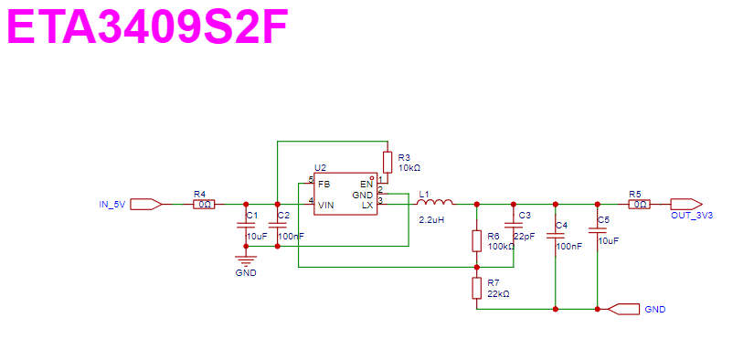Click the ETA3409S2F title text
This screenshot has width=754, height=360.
pyautogui.click(x=148, y=26)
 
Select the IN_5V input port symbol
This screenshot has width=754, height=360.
pyautogui.click(x=146, y=205)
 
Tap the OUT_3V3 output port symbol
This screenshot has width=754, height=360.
pyautogui.click(x=686, y=205)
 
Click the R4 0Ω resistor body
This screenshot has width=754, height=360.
pyautogui.click(x=204, y=205)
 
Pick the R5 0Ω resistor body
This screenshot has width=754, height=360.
pyautogui.click(x=640, y=205)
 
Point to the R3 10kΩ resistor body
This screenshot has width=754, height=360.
pyautogui.click(x=388, y=162)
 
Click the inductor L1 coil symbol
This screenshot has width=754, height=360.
pyautogui.click(x=435, y=202)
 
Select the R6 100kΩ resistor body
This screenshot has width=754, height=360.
pyautogui.click(x=476, y=241)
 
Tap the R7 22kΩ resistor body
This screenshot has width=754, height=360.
pyautogui.click(x=476, y=288)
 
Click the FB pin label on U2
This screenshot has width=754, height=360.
pyautogui.click(x=324, y=184)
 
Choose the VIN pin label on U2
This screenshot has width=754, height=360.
pyautogui.click(x=325, y=205)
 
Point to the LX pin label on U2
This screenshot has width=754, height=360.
pyautogui.click(x=367, y=206)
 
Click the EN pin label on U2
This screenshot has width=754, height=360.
pyautogui.click(x=366, y=184)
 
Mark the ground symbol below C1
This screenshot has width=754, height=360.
pyautogui.click(x=246, y=259)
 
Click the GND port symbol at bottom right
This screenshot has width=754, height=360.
pyautogui.click(x=624, y=309)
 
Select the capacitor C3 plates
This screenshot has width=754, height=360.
pyautogui.click(x=514, y=225)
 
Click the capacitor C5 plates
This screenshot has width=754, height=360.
pyautogui.click(x=597, y=230)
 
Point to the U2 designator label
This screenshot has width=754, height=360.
pyautogui.click(x=320, y=168)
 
